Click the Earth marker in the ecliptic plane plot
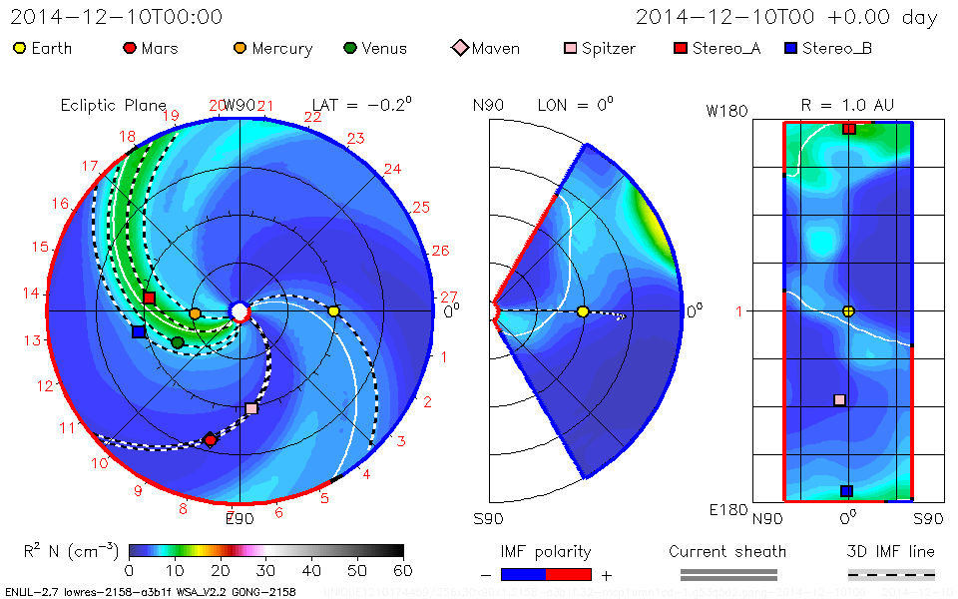pyautogui.click(x=333, y=311)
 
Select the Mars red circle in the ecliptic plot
pyautogui.click(x=210, y=440)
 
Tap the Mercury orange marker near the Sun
pyautogui.click(x=195, y=313)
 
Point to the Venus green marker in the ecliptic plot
pyautogui.click(x=178, y=342)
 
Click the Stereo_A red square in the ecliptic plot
pyautogui.click(x=149, y=298)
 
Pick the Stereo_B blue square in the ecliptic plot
pyautogui.click(x=138, y=331)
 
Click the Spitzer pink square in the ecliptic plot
pyautogui.click(x=251, y=408)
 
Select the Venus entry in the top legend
pyautogui.click(x=377, y=48)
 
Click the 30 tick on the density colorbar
pyautogui.click(x=266, y=570)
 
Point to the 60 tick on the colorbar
pyautogui.click(x=403, y=570)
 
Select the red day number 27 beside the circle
pyautogui.click(x=449, y=297)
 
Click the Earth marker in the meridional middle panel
pyautogui.click(x=583, y=311)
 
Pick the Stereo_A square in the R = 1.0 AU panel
pyautogui.click(x=848, y=129)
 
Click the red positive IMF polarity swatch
pyautogui.click(x=569, y=574)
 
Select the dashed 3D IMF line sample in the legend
pyautogui.click(x=891, y=574)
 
